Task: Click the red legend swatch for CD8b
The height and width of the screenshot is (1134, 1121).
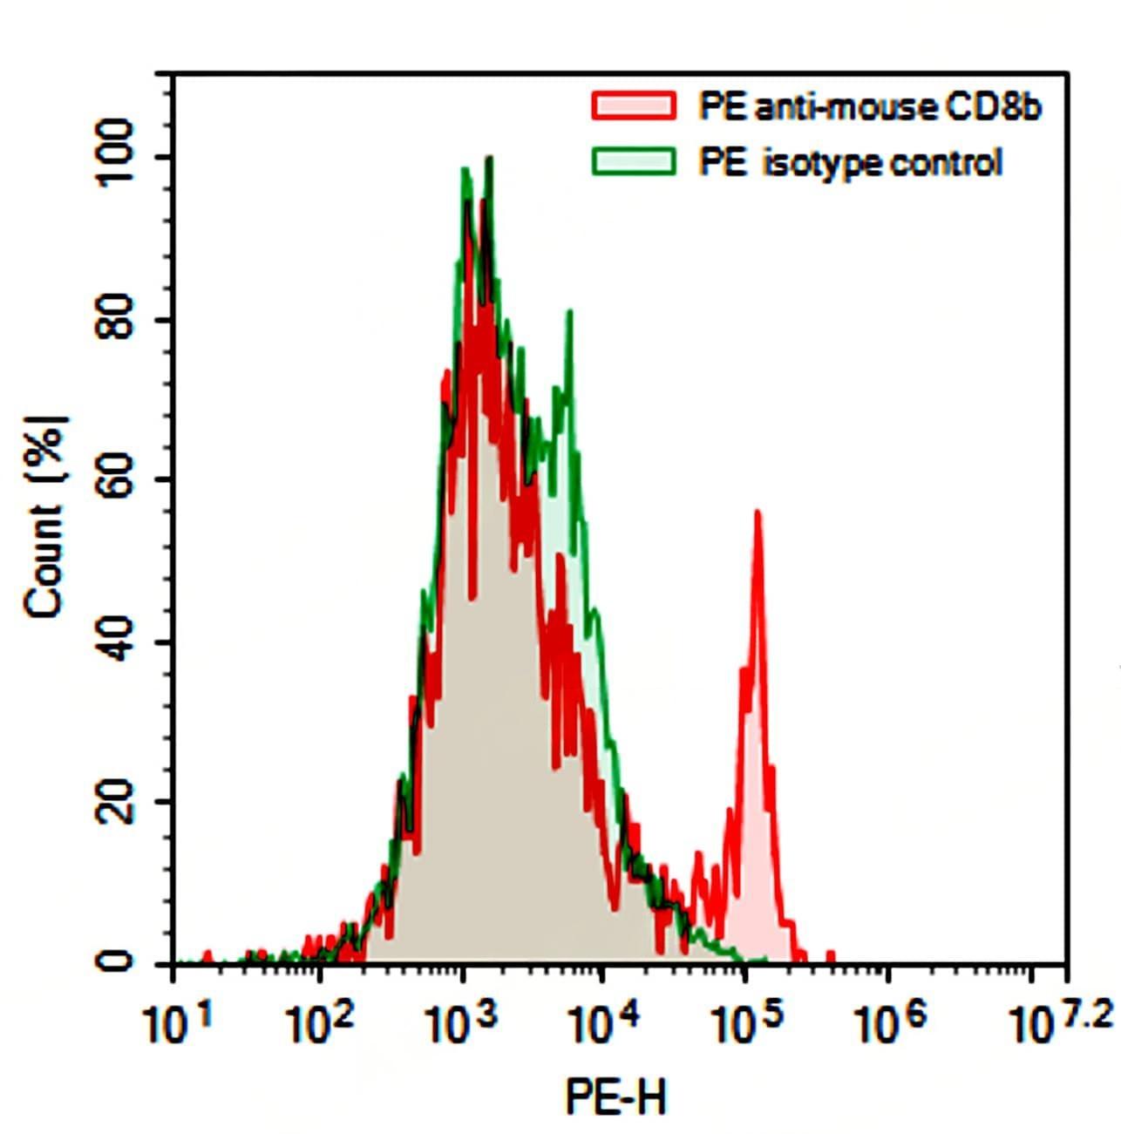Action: (x=634, y=106)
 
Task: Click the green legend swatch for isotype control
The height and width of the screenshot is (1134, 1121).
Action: (x=634, y=162)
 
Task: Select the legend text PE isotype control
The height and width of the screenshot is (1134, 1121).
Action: (x=851, y=163)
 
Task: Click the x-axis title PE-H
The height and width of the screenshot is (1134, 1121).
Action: (x=615, y=1097)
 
